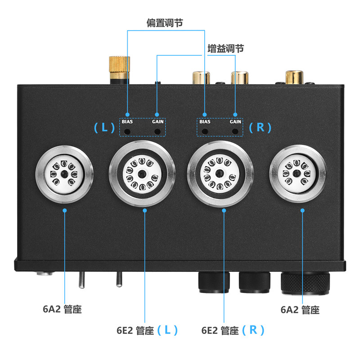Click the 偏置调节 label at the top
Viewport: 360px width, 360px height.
click(x=164, y=23)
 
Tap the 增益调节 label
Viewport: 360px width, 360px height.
click(x=225, y=48)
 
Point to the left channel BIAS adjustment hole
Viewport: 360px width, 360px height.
click(x=127, y=131)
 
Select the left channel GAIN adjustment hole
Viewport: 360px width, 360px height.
click(x=157, y=131)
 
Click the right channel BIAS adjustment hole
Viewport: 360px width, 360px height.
click(x=205, y=131)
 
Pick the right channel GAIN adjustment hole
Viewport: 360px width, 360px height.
click(x=235, y=131)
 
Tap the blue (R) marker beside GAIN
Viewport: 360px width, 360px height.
click(x=260, y=127)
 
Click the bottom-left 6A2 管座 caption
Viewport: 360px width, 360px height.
click(x=62, y=310)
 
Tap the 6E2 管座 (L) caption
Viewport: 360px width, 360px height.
click(x=147, y=330)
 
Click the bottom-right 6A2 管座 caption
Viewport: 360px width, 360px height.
click(x=300, y=310)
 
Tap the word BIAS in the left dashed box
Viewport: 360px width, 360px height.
click(x=127, y=121)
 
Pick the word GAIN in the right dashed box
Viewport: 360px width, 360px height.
click(x=235, y=121)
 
